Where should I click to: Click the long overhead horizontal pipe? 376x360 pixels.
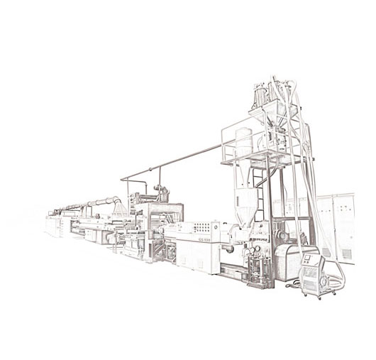177,160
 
